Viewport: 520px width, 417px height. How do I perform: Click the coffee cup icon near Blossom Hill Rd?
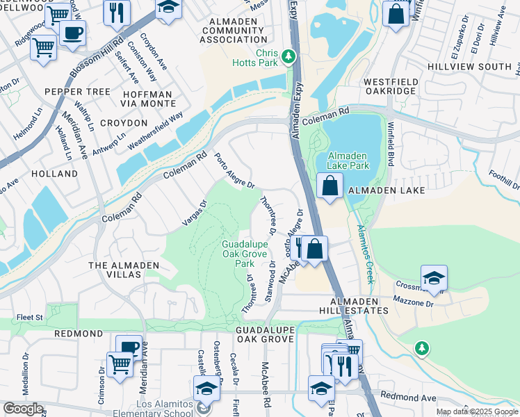click(72, 33)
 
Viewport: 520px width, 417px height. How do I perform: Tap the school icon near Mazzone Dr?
click(434, 278)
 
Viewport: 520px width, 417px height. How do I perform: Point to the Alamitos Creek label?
click(366, 254)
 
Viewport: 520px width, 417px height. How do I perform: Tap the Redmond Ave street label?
click(418, 398)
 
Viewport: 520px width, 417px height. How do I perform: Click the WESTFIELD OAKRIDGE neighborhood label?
click(391, 87)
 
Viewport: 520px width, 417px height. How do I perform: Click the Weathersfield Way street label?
click(155, 130)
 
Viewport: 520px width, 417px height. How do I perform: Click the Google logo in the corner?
click(23, 409)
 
